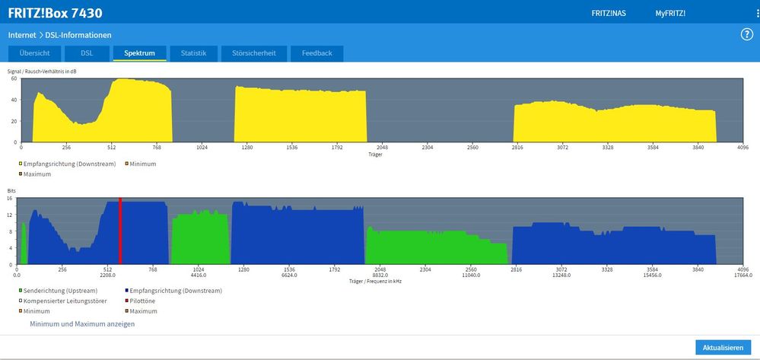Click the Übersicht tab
point(35,53)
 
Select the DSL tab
point(87,53)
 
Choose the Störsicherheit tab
point(254,53)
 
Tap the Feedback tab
point(316,53)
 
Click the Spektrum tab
point(139,53)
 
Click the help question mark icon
point(746,34)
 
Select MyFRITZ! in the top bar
point(670,14)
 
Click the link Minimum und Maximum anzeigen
point(82,324)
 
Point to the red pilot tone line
point(120,232)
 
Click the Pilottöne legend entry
point(145,301)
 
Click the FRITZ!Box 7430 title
point(55,13)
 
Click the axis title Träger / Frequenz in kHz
point(375,282)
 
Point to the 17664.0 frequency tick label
point(742,276)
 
